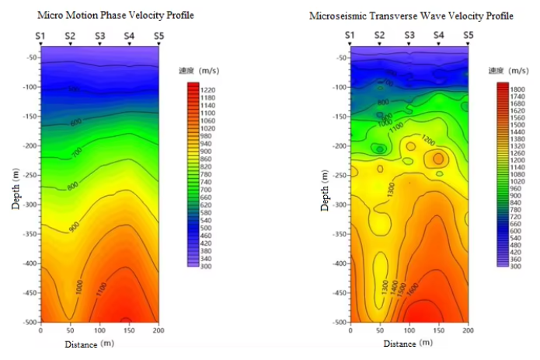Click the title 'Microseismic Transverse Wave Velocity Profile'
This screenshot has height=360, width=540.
pyautogui.click(x=401, y=16)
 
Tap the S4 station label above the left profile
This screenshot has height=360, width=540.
pyautogui.click(x=129, y=36)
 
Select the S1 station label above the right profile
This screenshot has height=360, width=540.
pyautogui.click(x=350, y=36)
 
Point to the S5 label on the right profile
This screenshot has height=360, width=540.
pyautogui.click(x=468, y=36)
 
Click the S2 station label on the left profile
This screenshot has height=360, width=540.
pyautogui.click(x=70, y=36)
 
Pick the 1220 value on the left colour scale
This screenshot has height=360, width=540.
pyautogui.click(x=207, y=90)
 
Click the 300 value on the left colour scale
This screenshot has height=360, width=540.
pyautogui.click(x=206, y=267)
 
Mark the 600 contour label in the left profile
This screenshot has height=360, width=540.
pyautogui.click(x=75, y=122)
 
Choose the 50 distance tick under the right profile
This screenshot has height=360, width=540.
pyautogui.click(x=379, y=330)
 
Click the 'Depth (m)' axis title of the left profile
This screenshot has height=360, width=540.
pyautogui.click(x=16, y=191)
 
